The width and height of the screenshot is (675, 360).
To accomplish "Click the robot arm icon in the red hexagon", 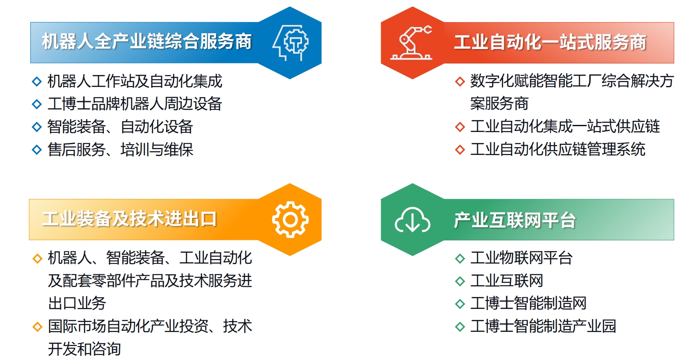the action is [411, 43].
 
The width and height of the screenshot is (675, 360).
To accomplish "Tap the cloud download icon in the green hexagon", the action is [412, 220].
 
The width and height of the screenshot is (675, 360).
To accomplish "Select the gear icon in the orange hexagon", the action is [290, 220].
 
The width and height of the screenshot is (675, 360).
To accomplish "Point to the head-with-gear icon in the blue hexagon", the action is [290, 43].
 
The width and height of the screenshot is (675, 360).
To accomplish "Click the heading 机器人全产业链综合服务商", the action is [147, 41].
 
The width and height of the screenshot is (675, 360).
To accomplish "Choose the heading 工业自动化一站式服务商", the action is [550, 42].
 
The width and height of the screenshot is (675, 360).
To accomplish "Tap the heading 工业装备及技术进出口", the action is [129, 219].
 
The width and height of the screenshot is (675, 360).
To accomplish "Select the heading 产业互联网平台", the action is [515, 220].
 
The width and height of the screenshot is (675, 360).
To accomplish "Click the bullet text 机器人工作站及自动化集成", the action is [135, 82].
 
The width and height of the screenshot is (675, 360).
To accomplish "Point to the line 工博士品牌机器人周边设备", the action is [135, 104].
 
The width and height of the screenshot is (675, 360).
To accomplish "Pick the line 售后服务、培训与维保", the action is [120, 149].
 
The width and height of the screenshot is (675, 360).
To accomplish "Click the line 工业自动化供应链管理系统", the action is [558, 149].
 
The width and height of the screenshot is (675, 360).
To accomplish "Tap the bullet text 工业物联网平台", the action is [521, 258].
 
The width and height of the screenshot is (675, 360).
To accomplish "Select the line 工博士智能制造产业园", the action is [543, 326].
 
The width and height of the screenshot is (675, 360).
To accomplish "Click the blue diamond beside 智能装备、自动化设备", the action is [37, 127].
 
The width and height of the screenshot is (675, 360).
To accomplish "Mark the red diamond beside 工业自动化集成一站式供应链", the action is [460, 127].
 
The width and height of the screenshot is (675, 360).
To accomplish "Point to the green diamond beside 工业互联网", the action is [460, 281].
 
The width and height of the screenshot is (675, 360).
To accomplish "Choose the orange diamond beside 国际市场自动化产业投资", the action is [37, 326].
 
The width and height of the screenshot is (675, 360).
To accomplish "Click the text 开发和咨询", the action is [84, 349].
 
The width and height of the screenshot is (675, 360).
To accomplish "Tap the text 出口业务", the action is [77, 303].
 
